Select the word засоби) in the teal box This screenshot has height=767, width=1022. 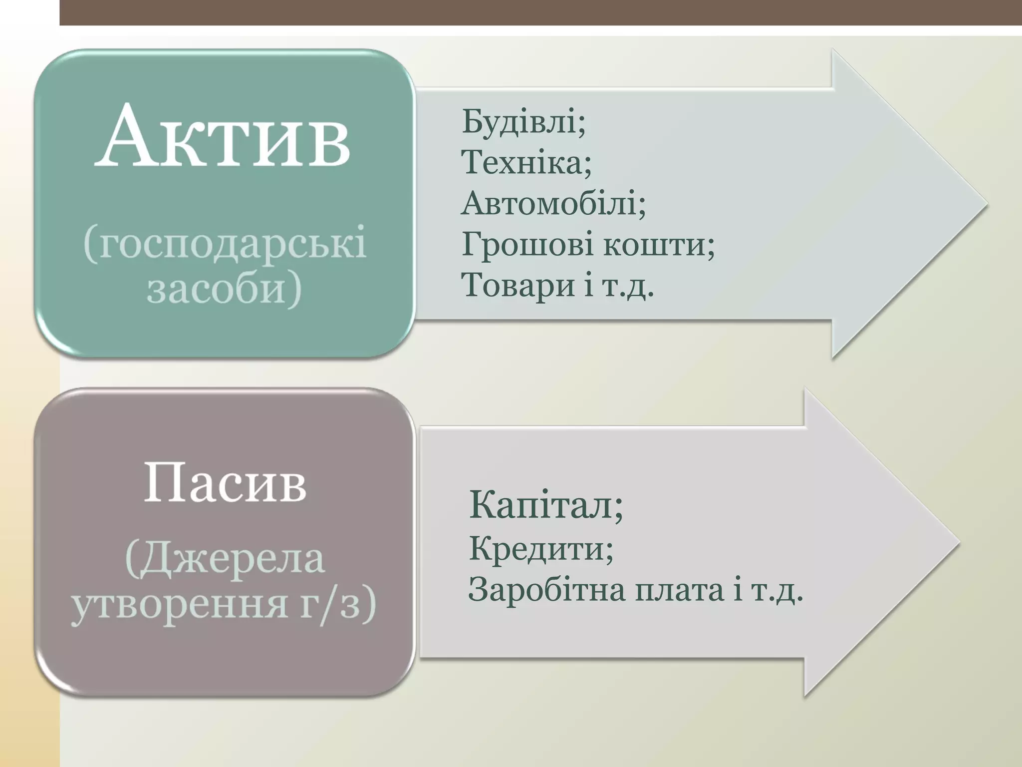(225, 289)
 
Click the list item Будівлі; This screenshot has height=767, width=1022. (523, 121)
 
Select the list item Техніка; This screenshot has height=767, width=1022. (526, 162)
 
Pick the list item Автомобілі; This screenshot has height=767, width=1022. (553, 204)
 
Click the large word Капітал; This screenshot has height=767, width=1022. (546, 505)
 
